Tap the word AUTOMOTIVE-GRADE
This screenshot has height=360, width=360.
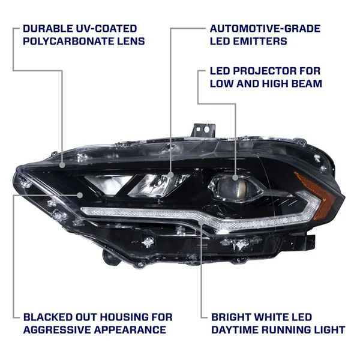(x=265, y=29)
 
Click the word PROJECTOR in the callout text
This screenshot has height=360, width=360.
(x=260, y=71)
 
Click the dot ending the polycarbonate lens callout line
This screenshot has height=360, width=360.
(x=63, y=164)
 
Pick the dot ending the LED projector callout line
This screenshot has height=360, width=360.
(x=235, y=172)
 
